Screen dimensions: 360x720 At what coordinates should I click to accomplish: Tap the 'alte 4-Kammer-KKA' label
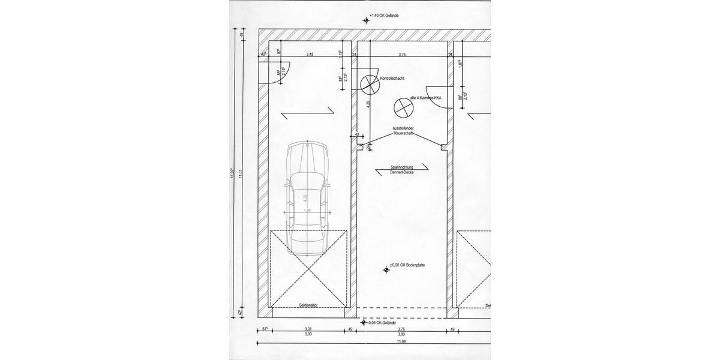coord(426,97)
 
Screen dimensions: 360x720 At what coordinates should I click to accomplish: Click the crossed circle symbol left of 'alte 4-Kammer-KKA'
coord(403,109)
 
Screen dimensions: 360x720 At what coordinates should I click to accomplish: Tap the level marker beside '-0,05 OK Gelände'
coord(363,323)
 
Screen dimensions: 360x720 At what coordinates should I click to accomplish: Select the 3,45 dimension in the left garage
coord(310,55)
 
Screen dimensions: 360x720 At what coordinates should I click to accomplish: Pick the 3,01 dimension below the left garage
coord(308,329)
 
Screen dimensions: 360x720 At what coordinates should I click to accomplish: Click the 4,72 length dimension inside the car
coord(304,196)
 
